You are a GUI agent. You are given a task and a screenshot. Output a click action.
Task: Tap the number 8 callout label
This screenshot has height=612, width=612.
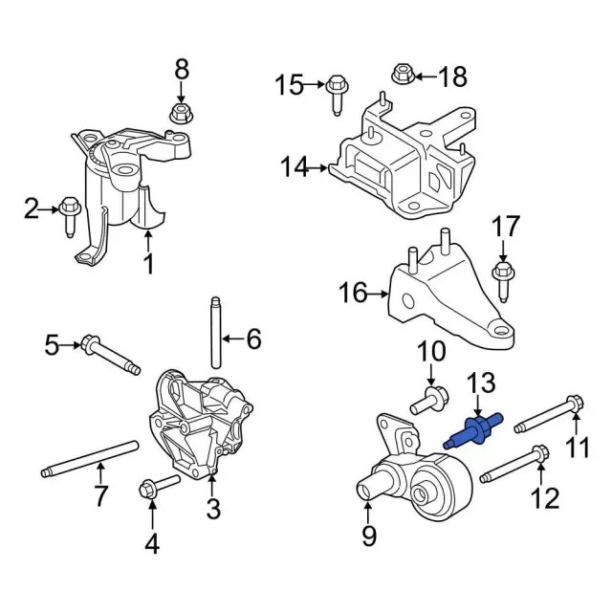pyautogui.click(x=181, y=69)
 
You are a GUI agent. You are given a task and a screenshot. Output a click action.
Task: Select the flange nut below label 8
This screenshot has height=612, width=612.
pyautogui.click(x=181, y=116)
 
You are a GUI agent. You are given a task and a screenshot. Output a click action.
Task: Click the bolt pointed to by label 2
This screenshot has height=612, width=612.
pyautogui.click(x=70, y=211)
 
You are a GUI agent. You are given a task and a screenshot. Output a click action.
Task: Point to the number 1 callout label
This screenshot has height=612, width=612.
pyautogui.click(x=148, y=263)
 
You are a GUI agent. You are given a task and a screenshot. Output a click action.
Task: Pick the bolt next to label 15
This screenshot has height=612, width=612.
pyautogui.click(x=336, y=93)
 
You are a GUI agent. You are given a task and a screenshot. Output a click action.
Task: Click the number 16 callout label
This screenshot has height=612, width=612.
pyautogui.click(x=353, y=292)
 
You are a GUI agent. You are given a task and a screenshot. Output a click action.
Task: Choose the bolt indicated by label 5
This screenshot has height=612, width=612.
pyautogui.click(x=110, y=354)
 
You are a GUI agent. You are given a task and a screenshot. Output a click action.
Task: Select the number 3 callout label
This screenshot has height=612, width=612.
pyautogui.click(x=212, y=506)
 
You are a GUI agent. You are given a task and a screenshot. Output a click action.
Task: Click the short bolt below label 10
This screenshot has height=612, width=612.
pyautogui.click(x=427, y=403)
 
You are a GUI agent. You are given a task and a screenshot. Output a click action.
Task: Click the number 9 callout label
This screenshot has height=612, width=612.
pyautogui.click(x=369, y=537)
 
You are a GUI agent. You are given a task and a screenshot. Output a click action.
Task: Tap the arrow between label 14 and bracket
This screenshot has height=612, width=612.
pyautogui.click(x=319, y=168)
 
